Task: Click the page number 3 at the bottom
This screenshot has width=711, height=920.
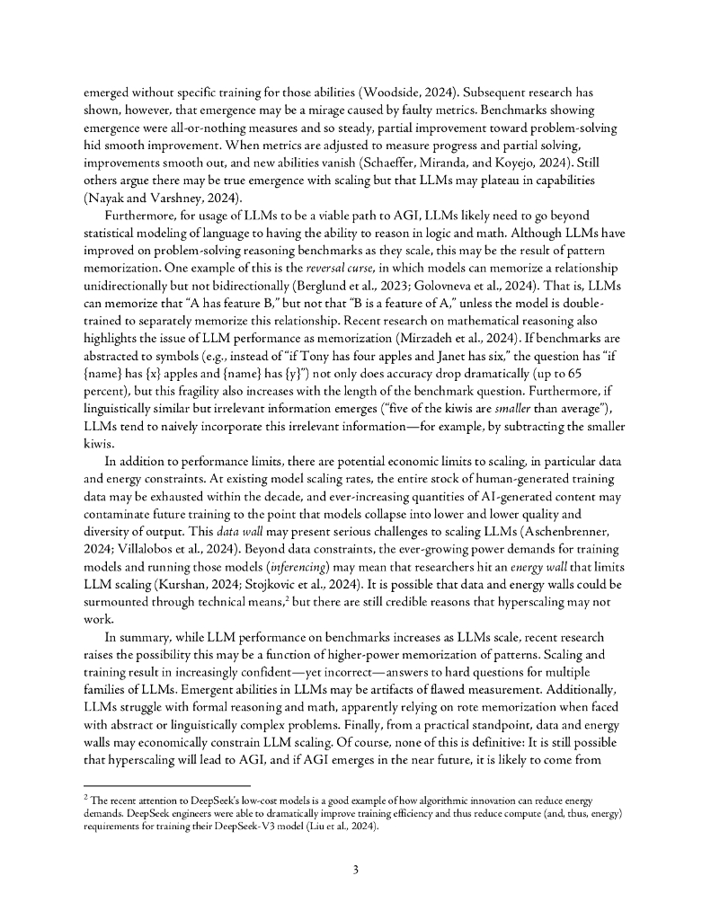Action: click(x=355, y=870)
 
